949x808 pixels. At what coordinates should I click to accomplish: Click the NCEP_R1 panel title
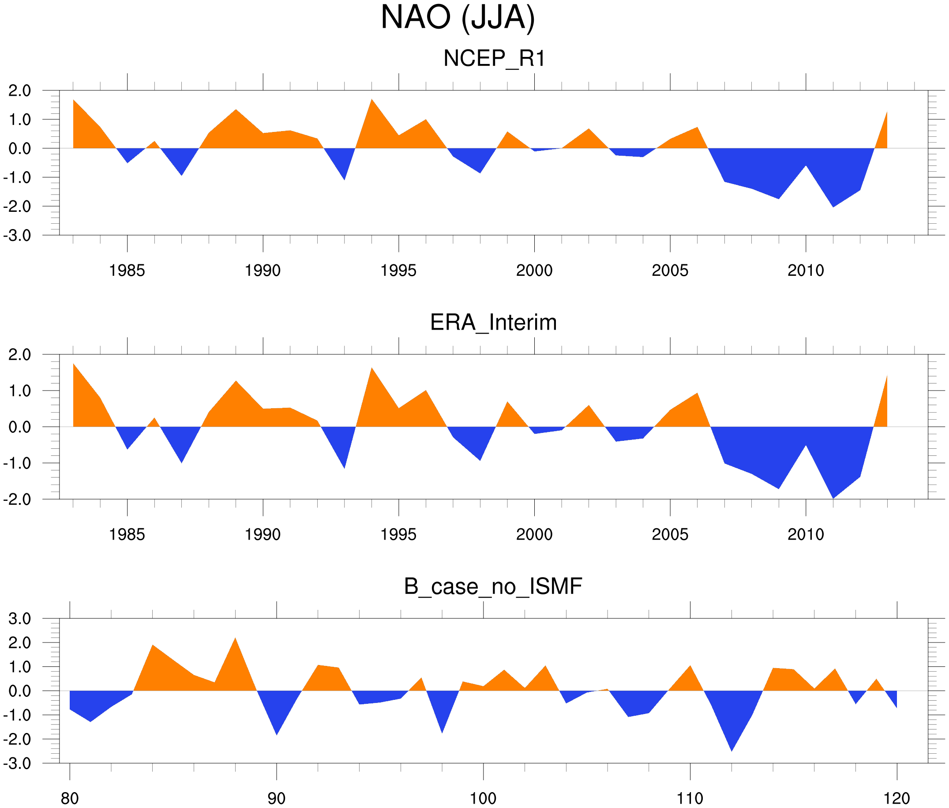(x=494, y=59)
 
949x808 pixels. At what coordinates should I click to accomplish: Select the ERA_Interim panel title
(x=493, y=323)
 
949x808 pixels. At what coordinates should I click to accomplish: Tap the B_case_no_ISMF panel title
(x=493, y=586)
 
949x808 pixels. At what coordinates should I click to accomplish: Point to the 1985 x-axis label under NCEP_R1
(x=127, y=271)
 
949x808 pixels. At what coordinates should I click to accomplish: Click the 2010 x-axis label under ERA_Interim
(x=806, y=534)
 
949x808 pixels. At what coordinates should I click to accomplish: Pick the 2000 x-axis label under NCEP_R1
(x=534, y=271)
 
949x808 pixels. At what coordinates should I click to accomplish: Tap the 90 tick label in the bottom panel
(x=276, y=798)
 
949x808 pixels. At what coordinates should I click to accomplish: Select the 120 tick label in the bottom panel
(x=896, y=798)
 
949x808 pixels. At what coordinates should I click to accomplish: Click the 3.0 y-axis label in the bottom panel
(x=20, y=619)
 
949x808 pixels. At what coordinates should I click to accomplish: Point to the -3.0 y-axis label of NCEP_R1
(x=17, y=236)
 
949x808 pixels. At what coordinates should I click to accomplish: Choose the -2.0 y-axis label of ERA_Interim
(x=17, y=500)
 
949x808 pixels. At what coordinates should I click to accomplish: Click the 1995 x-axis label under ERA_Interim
(x=398, y=534)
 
